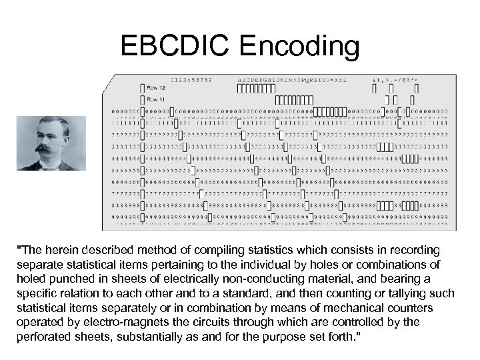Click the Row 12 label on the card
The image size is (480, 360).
(156, 87)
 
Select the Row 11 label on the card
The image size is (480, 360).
(156, 98)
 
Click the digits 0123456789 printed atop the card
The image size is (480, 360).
(191, 79)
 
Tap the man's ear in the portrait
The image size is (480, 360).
(66, 139)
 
